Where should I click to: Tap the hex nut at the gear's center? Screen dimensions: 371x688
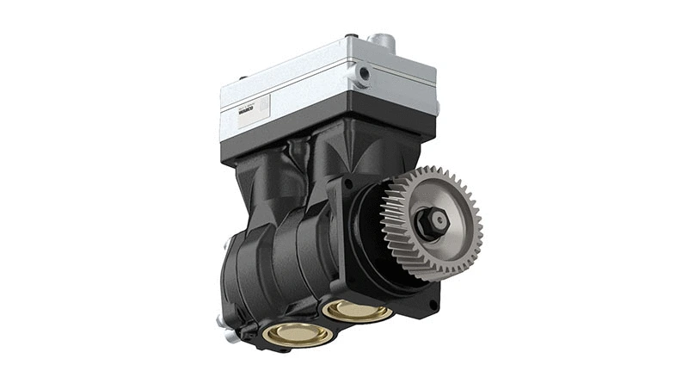(x=432, y=223)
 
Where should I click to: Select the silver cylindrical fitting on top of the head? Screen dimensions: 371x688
(x=381, y=42)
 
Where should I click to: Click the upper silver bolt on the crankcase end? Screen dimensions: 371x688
(x=221, y=319)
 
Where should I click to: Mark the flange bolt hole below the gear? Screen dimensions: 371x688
(x=432, y=304)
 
